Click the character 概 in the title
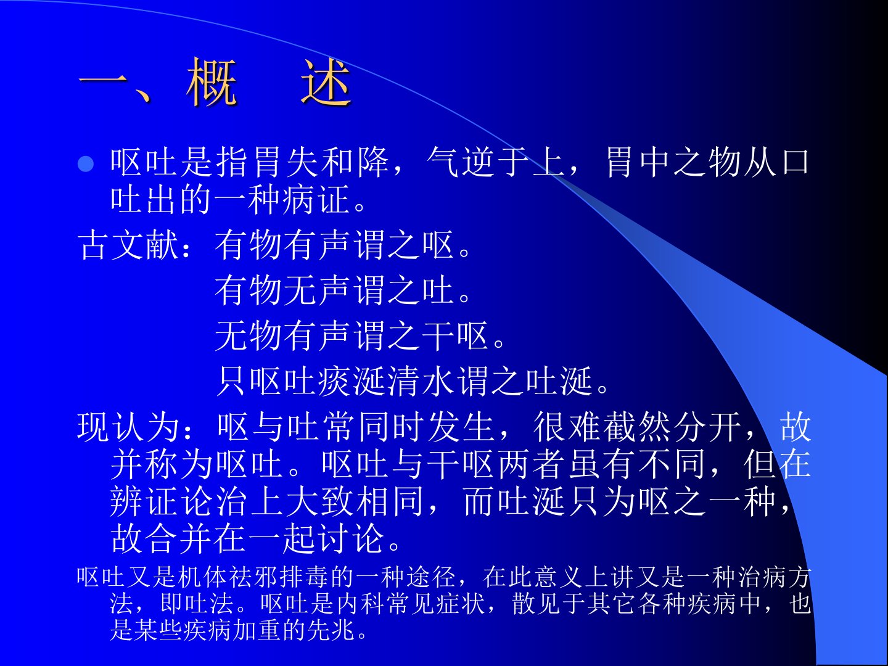pos(211,82)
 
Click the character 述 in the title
pos(326,82)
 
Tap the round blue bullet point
pos(86,164)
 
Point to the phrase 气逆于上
pos(496,163)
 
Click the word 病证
pos(316,199)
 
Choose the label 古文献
pos(128,245)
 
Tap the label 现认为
pos(128,427)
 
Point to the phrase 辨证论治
pos(179,501)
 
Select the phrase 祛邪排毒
pos(279,577)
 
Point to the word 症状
pos(461,603)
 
